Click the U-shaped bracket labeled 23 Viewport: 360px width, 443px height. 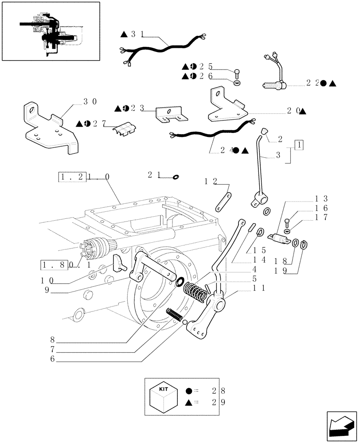tap(170, 115)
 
